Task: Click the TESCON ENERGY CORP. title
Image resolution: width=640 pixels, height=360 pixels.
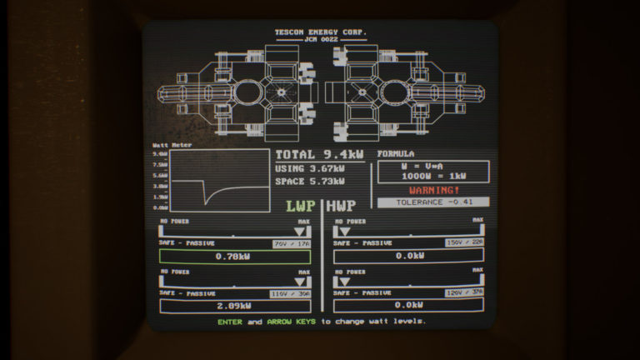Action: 320,32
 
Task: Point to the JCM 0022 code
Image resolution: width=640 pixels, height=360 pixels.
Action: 320,39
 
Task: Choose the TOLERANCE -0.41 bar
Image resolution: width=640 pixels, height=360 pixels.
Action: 432,202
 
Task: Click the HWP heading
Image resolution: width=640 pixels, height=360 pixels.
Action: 342,207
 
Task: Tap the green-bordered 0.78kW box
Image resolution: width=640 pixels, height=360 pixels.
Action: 234,256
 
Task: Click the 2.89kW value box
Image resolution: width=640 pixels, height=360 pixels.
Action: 234,306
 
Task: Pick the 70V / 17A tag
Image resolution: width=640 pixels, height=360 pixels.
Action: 292,243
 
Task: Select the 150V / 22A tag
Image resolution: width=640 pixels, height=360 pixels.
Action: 465,243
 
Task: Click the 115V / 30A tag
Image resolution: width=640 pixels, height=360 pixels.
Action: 291,294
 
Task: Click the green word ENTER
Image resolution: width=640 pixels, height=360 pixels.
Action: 230,321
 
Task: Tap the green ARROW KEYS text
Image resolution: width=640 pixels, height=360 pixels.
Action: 292,321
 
